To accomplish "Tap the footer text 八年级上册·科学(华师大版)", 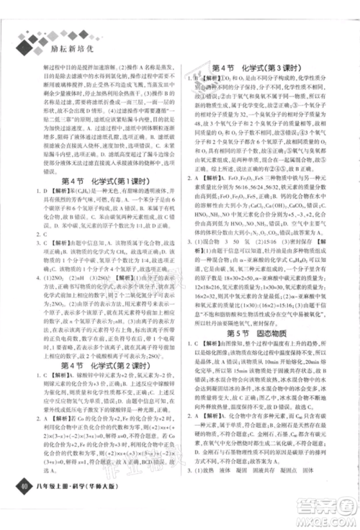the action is click(82, 493).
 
